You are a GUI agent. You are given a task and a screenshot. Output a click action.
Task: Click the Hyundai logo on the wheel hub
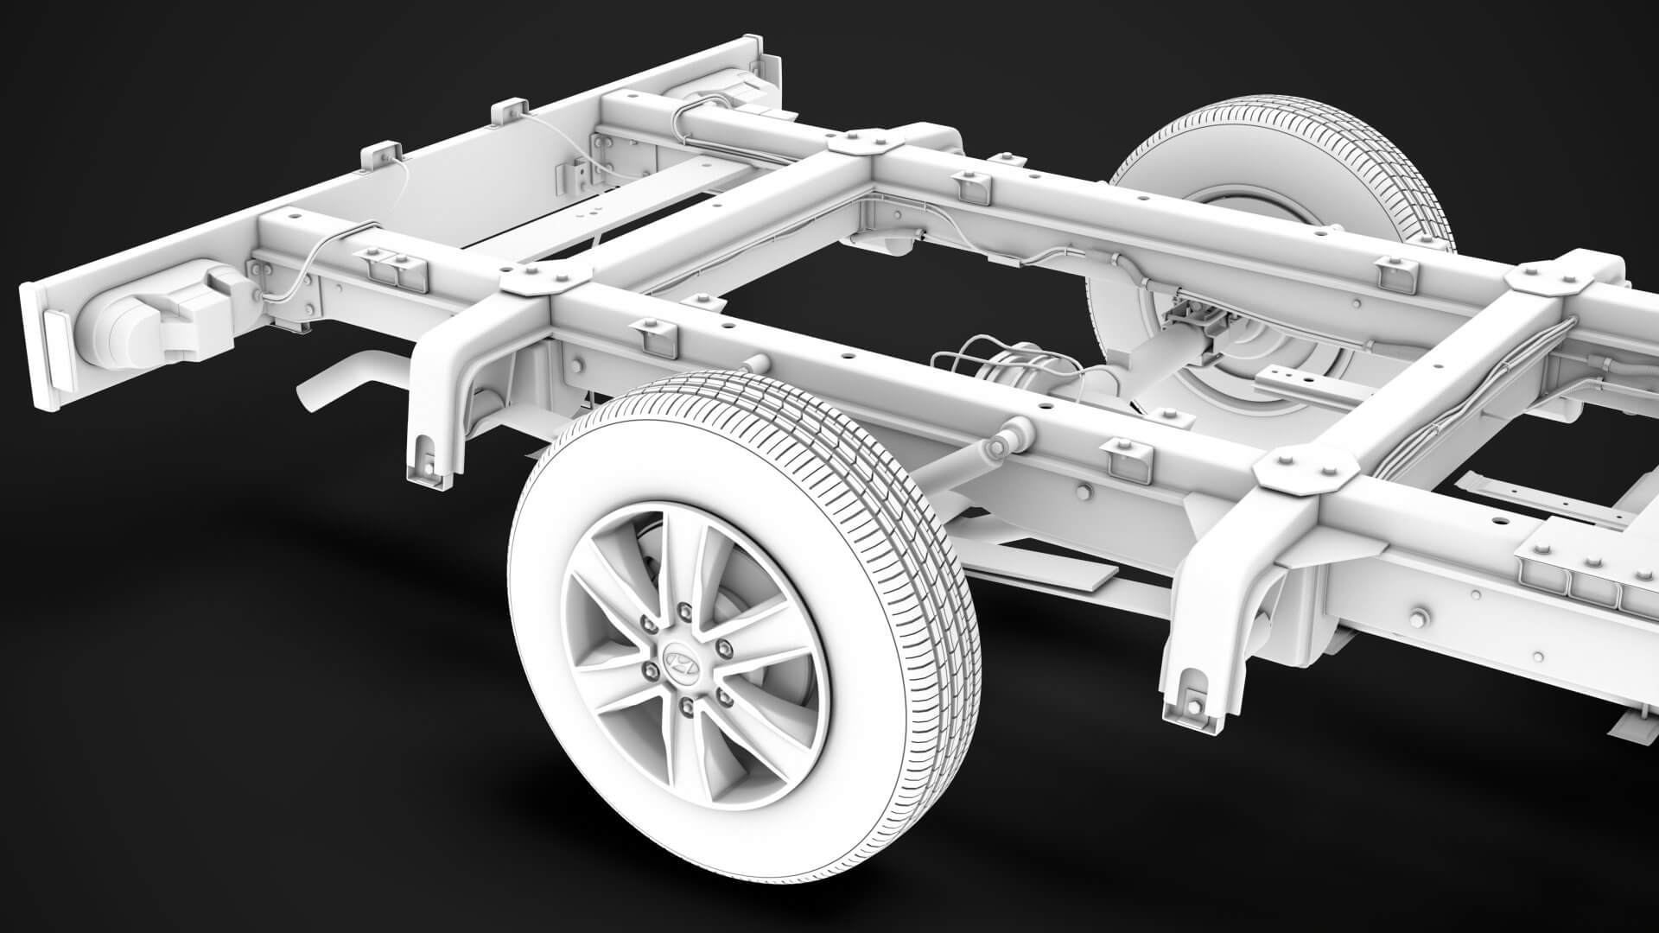point(678,660)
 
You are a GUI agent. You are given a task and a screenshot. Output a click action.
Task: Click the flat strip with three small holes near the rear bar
point(596,208)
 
